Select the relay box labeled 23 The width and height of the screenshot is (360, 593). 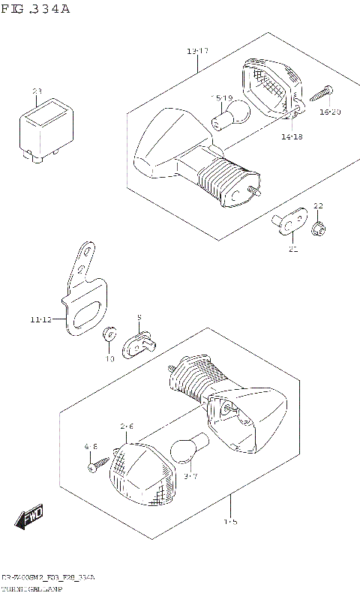pyautogui.click(x=46, y=127)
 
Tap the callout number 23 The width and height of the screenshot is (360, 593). pyautogui.click(x=37, y=91)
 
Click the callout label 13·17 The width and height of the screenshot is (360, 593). pyautogui.click(x=198, y=51)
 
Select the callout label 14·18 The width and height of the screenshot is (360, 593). pyautogui.click(x=292, y=137)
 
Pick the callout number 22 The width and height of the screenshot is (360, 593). pyautogui.click(x=318, y=205)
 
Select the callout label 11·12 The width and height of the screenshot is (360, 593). pyautogui.click(x=41, y=320)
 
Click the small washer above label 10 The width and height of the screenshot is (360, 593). pyautogui.click(x=109, y=333)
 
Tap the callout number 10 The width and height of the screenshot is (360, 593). pyautogui.click(x=109, y=358)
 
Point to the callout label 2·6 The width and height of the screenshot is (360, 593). pyautogui.click(x=127, y=426)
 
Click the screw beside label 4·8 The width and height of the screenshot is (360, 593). pyautogui.click(x=94, y=466)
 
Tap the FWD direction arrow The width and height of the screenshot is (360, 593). pyautogui.click(x=30, y=517)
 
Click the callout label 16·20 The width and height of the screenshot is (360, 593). pyautogui.click(x=329, y=112)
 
